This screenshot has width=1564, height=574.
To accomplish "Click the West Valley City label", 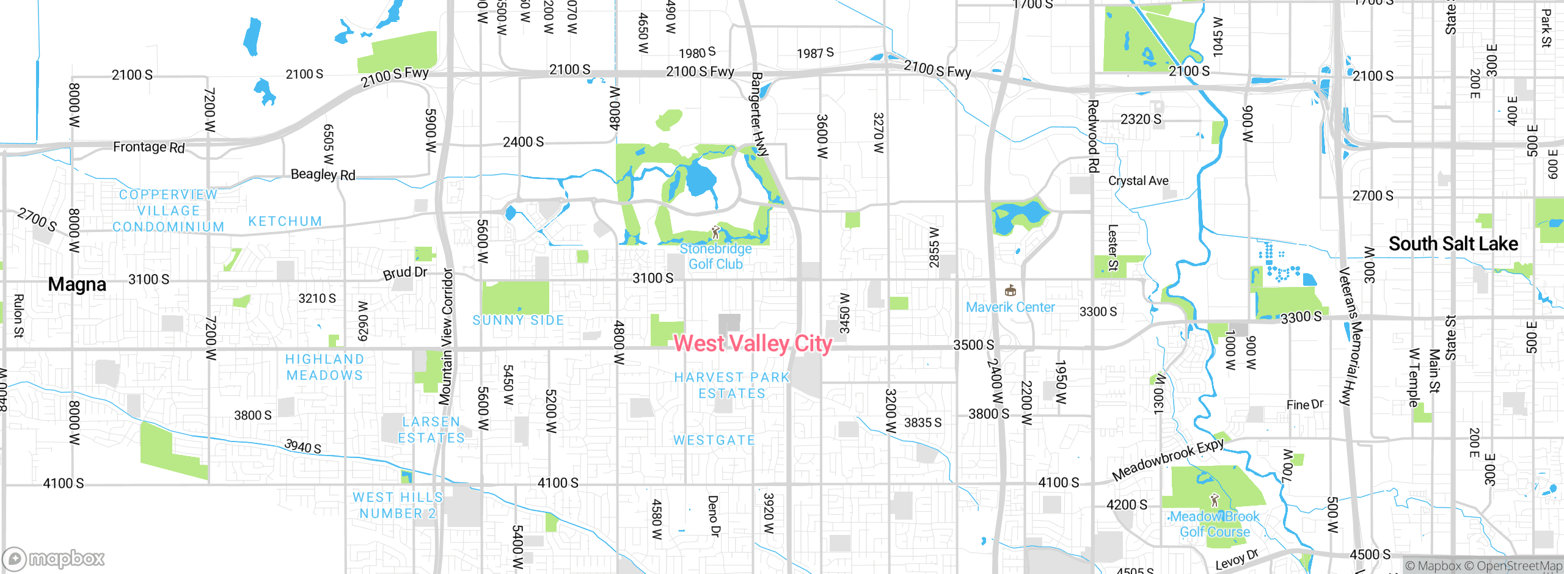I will pos(752,344).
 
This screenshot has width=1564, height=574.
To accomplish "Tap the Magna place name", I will pos(77,285).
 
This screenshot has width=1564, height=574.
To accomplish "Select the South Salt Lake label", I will pos(1453,244).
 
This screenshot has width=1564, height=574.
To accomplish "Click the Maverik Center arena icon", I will pos(1010,291).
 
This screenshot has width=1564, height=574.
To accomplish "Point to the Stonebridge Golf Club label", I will pos(715,256).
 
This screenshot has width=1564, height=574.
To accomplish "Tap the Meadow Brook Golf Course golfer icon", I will pos(1215,501).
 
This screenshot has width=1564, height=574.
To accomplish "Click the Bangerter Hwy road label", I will pos(759,114).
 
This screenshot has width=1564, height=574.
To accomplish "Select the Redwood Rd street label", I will pos(1094,136).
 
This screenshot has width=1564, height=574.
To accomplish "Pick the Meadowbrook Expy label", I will pos(1168,459).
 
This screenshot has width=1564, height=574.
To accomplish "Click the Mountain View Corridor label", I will pos(447,336).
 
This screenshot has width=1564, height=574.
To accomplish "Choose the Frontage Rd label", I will pos(148,147).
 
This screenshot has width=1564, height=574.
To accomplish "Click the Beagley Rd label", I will pos(323,175).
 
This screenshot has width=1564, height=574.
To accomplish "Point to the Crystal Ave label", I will pos(1138,181).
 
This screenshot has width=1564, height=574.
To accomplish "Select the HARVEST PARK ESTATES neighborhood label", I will pos(732,385).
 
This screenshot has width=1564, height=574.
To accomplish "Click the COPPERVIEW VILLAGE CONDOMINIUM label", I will pos(168,211).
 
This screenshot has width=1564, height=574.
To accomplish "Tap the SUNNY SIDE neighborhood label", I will pos(518,320).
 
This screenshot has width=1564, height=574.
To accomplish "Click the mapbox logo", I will pos(54,558).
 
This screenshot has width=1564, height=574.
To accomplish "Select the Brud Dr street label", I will pos(405,272).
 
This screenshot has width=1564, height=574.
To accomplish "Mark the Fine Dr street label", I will pos(1304,405).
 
